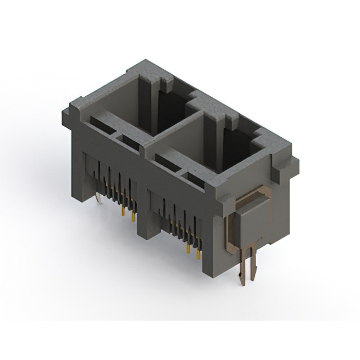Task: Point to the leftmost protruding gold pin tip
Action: tap(122, 211)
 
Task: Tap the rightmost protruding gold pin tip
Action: tap(199, 255)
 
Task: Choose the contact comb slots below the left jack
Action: tap(115, 180)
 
